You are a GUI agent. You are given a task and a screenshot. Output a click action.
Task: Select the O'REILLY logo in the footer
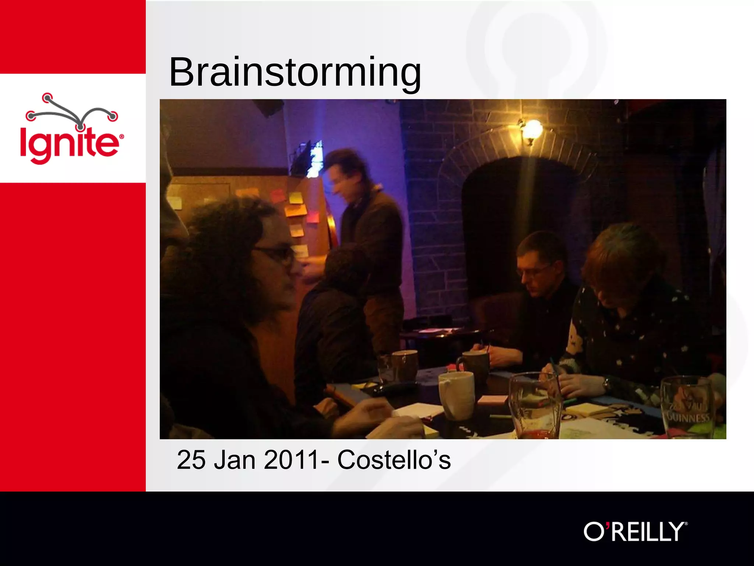(x=635, y=531)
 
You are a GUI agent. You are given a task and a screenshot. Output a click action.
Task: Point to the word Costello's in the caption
(x=394, y=460)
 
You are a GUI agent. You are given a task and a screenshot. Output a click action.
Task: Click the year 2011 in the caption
(x=291, y=460)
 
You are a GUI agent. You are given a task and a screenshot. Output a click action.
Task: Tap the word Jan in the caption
(x=235, y=460)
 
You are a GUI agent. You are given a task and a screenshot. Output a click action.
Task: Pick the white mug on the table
(x=457, y=394)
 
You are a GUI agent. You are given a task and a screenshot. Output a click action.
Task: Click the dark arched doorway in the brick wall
(x=515, y=228)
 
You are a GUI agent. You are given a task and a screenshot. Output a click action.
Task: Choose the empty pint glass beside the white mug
(x=536, y=405)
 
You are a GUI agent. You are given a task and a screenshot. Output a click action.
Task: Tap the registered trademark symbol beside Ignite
(x=121, y=137)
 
